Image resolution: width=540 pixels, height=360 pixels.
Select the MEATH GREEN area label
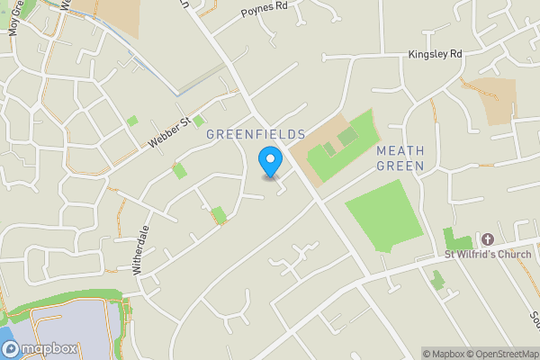400,158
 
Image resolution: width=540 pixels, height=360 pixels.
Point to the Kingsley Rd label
435,54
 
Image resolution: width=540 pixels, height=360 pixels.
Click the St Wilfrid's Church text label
491,254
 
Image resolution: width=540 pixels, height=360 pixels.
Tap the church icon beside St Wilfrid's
487,239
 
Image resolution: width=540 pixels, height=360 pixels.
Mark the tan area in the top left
117,15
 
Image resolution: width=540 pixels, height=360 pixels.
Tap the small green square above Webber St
132,121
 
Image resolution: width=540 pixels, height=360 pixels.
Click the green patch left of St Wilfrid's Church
457,241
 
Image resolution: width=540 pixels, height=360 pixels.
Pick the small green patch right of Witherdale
219,214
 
